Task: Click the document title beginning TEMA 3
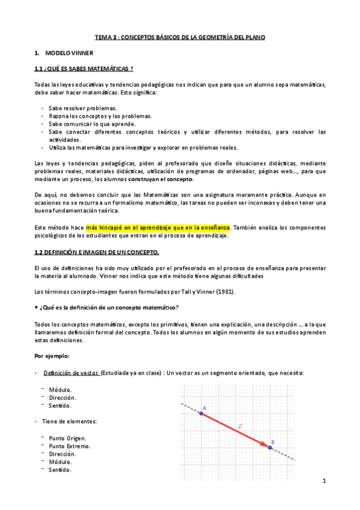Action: (x=180, y=37)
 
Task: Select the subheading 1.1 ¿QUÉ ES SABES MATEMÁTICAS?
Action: (x=84, y=69)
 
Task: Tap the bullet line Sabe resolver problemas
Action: (x=82, y=108)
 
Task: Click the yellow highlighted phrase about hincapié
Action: (x=158, y=227)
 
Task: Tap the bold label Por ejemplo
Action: (x=52, y=355)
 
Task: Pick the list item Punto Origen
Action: (x=67, y=438)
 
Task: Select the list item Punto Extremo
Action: (x=69, y=446)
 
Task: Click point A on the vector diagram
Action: (x=201, y=414)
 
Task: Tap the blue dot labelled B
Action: (x=270, y=447)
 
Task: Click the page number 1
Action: (x=324, y=481)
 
